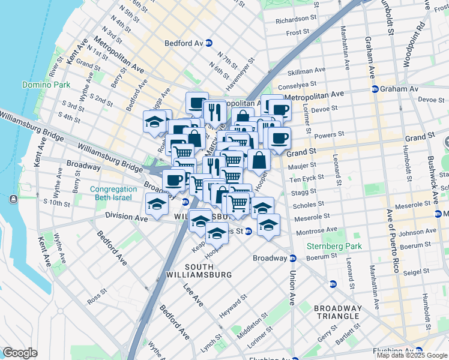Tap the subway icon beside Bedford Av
click(x=209, y=43)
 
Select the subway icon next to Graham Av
click(x=375, y=89)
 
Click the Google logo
click(x=20, y=353)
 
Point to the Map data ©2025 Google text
click(x=412, y=355)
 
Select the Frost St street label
click(x=298, y=33)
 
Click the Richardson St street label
click(x=295, y=20)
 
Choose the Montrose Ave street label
click(x=318, y=230)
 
